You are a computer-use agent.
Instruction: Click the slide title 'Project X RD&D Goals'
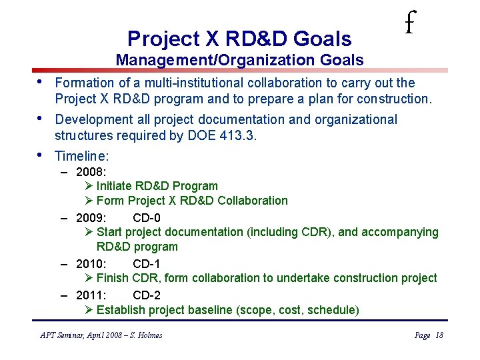[x=239, y=38]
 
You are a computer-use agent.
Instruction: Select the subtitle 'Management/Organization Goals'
[x=239, y=60]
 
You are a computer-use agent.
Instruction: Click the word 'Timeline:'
[x=81, y=156]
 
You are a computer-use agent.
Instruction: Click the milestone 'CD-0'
[x=146, y=217]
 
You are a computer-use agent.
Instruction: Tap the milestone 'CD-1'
[x=146, y=263]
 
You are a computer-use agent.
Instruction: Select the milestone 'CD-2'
[x=146, y=295]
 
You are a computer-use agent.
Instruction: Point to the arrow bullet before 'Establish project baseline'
[x=89, y=310]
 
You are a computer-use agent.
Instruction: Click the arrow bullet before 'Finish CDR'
[x=89, y=278]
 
